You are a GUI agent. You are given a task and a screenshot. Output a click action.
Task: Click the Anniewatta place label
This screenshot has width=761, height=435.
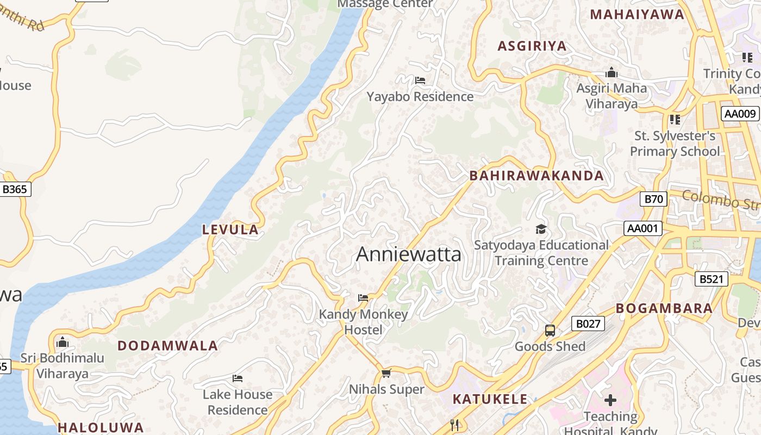408,254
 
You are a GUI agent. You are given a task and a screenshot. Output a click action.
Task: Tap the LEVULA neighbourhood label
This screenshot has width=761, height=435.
230,230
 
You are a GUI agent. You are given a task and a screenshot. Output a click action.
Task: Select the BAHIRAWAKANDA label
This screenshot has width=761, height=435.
537,176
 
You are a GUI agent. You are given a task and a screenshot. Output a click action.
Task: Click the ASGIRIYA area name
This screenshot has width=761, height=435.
532,46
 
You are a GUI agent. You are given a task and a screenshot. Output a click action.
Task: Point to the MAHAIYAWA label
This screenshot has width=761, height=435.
637,15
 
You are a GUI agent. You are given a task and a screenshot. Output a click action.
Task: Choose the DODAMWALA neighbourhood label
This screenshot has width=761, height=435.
167,346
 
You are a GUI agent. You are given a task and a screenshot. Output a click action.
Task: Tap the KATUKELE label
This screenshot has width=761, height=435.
490,399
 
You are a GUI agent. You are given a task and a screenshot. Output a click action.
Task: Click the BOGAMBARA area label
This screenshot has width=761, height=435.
664,308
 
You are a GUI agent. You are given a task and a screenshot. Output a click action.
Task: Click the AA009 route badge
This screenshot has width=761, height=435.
740,114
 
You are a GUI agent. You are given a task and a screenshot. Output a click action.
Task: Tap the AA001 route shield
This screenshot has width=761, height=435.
643,228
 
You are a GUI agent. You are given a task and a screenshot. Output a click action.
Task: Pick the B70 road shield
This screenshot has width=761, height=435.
653,199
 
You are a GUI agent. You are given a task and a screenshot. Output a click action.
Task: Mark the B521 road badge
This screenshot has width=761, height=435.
711,279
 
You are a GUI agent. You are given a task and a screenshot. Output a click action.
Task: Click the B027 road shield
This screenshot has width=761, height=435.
588,324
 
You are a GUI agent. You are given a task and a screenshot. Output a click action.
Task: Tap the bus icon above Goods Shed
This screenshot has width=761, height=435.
550,331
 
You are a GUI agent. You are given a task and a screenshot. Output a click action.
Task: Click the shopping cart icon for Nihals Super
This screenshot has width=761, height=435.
386,373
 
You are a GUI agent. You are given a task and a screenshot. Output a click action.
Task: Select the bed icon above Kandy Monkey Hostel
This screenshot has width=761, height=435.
363,298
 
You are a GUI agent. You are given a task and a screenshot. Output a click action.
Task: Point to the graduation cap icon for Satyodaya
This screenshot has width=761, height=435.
540,229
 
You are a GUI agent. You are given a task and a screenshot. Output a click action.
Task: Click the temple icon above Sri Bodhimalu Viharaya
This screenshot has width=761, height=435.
62,343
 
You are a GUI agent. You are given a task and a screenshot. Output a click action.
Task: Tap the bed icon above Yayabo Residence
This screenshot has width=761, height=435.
420,80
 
